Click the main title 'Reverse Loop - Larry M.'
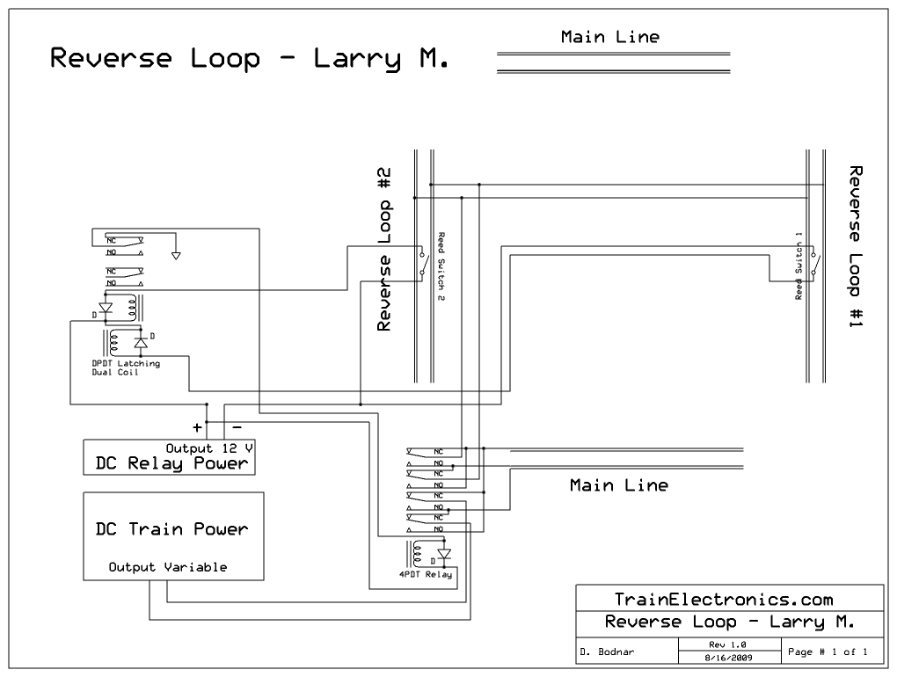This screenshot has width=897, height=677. [249, 59]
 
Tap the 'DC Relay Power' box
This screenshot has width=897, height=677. [170, 457]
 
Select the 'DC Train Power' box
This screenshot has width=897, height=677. [174, 535]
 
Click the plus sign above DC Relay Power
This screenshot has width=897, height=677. [197, 427]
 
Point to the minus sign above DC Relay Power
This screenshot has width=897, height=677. [237, 427]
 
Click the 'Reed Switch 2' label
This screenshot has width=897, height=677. [441, 266]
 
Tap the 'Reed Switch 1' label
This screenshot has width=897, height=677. [799, 266]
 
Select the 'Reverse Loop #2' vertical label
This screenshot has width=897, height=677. [384, 250]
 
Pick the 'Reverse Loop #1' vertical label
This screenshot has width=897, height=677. [856, 247]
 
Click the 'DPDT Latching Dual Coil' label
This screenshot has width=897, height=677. [126, 368]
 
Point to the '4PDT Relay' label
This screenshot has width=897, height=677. [426, 575]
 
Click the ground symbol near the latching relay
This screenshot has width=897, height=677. [176, 256]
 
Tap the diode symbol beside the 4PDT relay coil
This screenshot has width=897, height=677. [444, 554]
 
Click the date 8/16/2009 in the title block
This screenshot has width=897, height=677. [729, 658]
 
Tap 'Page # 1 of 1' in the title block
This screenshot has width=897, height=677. [828, 652]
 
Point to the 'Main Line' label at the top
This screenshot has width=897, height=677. [610, 37]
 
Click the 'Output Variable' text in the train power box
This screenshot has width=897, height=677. [168, 567]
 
